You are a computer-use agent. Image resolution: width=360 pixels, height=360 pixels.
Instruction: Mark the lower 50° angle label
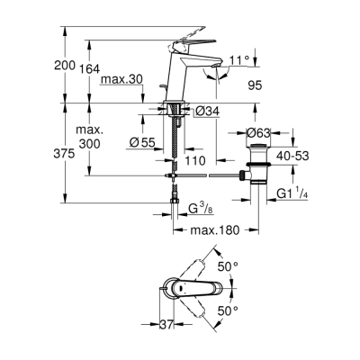(229, 310)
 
